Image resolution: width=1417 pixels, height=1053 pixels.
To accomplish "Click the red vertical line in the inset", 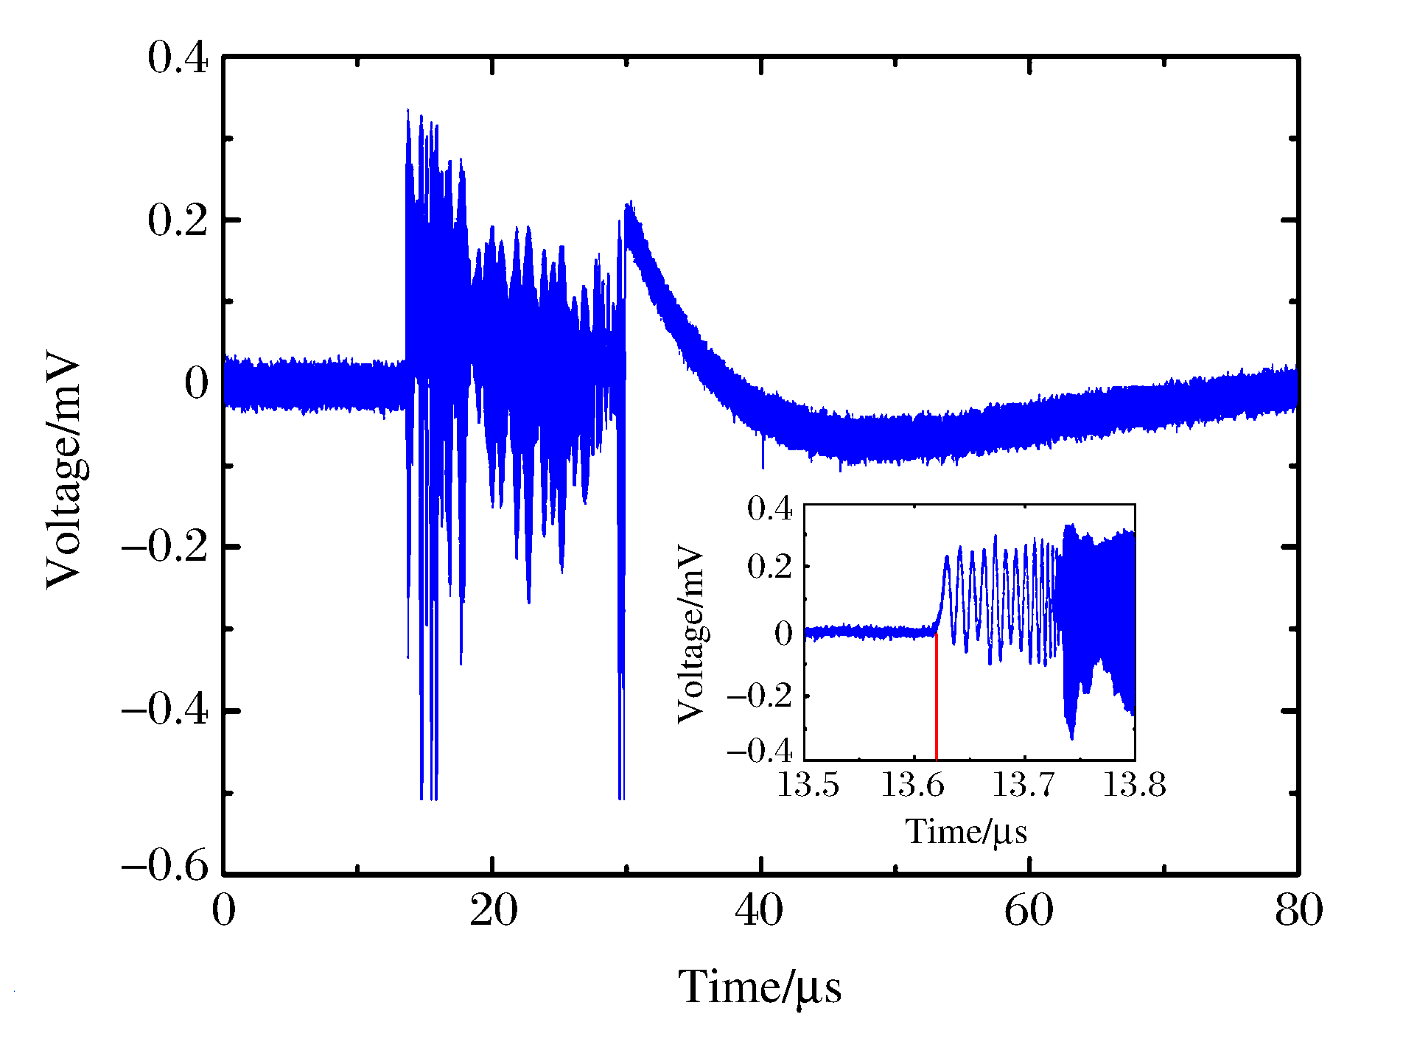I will pos(936,696).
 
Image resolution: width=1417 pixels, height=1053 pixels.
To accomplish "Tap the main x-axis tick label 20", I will pos(493,911).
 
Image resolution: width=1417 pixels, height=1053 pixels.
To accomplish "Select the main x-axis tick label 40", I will pos(760,911).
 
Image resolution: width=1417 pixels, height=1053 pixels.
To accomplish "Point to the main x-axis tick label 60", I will pos(1029,911).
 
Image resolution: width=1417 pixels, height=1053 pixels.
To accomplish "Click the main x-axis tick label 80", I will pos(1298,911).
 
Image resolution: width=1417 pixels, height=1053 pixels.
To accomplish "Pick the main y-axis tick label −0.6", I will pos(165,865).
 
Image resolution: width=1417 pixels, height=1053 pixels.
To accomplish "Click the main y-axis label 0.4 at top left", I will pos(178,57).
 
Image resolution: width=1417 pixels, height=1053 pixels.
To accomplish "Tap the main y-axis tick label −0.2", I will pos(165,548).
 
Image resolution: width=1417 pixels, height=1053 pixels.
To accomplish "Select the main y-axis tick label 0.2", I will pos(178,220).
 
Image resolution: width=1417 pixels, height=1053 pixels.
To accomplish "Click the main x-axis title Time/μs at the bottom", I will pos(760,988).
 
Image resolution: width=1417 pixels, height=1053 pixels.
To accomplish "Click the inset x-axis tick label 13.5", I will pos(808,786).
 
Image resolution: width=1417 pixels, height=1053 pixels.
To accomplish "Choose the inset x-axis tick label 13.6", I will pos(913,786).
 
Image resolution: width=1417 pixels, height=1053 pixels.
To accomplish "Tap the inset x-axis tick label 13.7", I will pos(1024,786).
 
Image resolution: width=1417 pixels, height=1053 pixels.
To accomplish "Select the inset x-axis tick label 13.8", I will pos(1134,786).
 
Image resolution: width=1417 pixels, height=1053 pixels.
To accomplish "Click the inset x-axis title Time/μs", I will pos(966,833).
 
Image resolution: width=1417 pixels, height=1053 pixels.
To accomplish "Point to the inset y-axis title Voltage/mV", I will pos(691,634).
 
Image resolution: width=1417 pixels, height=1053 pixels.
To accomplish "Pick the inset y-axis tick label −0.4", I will pos(760,751).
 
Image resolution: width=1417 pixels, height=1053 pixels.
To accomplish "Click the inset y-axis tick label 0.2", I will pos(769,567).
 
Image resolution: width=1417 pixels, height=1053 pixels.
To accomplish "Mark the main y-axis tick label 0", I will pos(197,383).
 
